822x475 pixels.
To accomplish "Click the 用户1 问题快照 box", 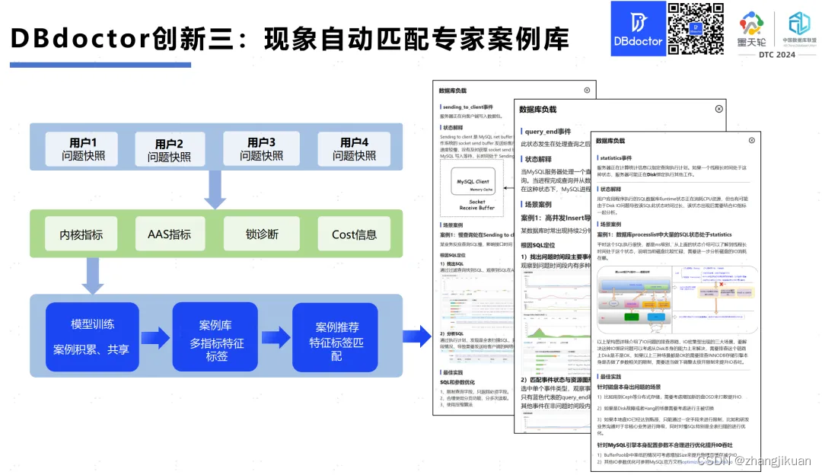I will tap(83, 148).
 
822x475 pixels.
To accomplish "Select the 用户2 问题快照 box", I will tap(169, 150).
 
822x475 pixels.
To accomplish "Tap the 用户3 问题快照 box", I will tap(261, 148).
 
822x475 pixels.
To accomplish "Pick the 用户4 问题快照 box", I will tap(354, 148).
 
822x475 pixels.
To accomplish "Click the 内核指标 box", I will tap(81, 234).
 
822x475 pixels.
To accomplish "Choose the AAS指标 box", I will tap(169, 234).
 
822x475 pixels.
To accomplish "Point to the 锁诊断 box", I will tap(261, 234).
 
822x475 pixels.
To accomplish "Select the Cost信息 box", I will tap(354, 234).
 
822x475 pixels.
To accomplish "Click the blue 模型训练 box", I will tap(92, 336).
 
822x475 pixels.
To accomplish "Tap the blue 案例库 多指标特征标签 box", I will tap(215, 336).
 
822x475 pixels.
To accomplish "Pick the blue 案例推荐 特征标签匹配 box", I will tap(336, 336).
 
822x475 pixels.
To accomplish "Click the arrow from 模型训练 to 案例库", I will tap(155, 337).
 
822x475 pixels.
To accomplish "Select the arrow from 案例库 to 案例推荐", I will tap(276, 337).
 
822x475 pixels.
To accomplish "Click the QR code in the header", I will tap(696, 29).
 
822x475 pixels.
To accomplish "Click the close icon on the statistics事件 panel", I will tap(752, 140).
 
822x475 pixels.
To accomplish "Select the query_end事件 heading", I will tap(546, 132).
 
